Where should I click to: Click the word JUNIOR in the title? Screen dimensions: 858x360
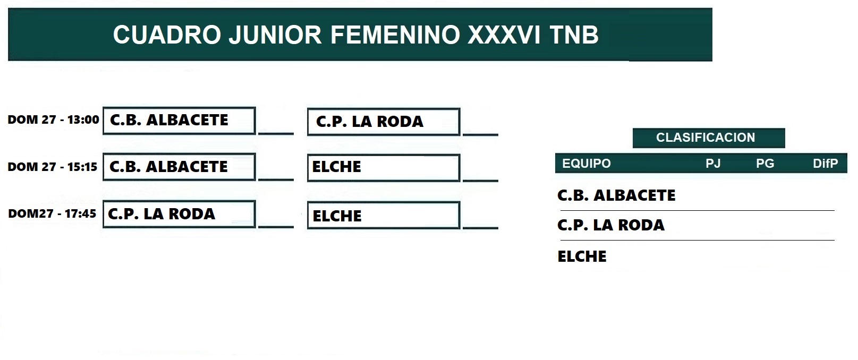click(275, 35)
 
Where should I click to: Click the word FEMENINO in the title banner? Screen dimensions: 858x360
click(395, 35)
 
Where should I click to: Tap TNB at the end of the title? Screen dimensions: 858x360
click(574, 35)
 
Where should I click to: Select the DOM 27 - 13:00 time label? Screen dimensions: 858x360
click(53, 119)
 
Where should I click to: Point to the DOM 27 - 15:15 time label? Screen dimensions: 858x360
click(53, 167)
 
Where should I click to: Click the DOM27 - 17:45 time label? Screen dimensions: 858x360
click(52, 213)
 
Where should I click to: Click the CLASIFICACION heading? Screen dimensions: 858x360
click(706, 138)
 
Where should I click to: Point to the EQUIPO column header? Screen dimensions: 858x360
click(587, 164)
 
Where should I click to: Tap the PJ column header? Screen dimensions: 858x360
click(713, 164)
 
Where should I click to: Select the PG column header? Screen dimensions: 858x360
click(765, 164)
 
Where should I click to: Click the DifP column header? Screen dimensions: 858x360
click(826, 164)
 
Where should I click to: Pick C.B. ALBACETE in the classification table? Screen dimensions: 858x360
click(616, 195)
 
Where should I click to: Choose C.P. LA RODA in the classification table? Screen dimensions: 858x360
click(611, 225)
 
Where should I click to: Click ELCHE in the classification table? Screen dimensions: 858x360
click(582, 256)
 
